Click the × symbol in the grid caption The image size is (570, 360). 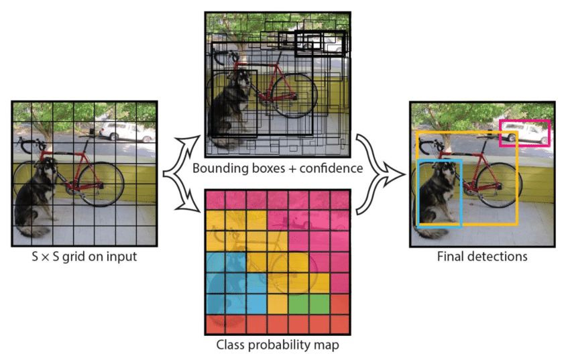pyautogui.click(x=45, y=257)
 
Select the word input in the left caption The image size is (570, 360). pyautogui.click(x=123, y=257)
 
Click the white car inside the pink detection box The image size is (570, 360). pyautogui.click(x=526, y=133)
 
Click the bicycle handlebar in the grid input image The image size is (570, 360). pyautogui.click(x=31, y=145)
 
